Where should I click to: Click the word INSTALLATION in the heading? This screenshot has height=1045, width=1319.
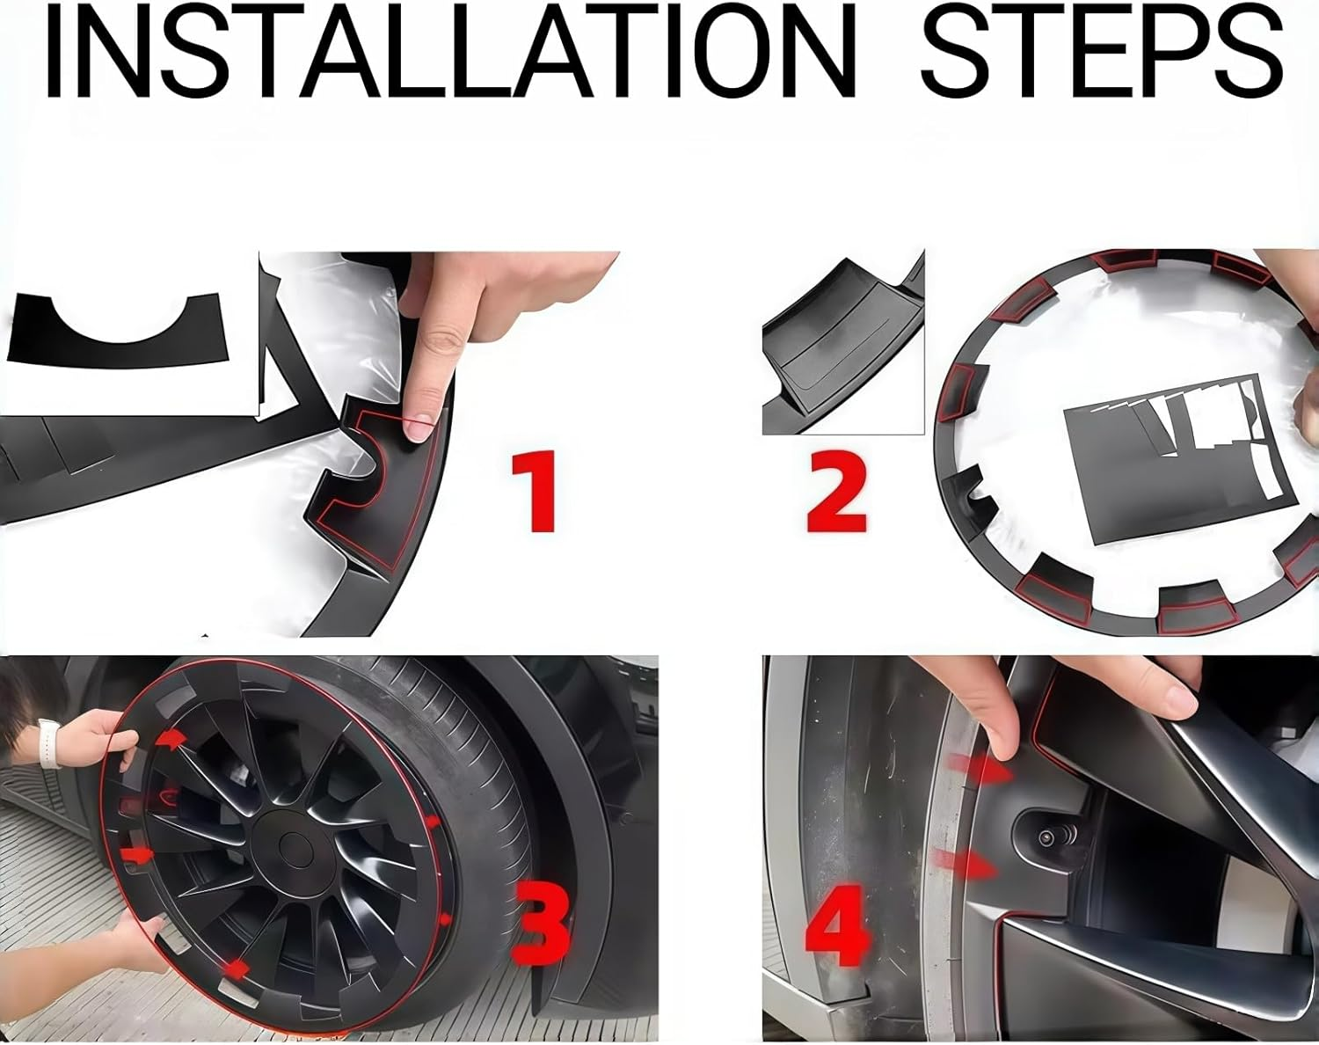(x=448, y=55)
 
